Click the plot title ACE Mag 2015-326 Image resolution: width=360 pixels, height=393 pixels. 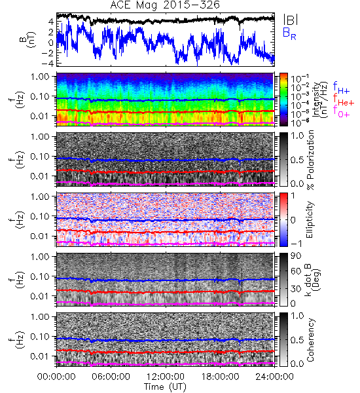tap(165, 5)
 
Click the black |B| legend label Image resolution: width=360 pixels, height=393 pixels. tap(291, 20)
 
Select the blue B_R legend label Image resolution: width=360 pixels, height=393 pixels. tap(289, 33)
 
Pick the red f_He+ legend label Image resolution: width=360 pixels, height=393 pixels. tap(344, 100)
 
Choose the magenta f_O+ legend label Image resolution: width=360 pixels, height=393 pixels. tap(341, 112)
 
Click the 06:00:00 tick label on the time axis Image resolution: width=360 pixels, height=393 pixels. tap(111, 377)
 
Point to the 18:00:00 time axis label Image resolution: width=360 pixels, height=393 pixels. tap(220, 377)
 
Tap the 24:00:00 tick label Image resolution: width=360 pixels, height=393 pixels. tap(274, 377)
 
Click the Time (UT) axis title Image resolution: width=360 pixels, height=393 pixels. tap(165, 386)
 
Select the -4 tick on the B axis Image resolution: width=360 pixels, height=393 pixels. tap(48, 63)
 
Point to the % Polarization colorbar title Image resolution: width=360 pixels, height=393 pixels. tap(310, 160)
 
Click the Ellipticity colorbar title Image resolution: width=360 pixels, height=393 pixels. tap(310, 219)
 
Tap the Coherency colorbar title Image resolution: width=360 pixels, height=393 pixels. tap(310, 340)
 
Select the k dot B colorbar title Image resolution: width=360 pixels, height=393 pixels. tap(312, 280)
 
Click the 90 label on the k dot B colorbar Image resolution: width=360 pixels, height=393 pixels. tap(295, 255)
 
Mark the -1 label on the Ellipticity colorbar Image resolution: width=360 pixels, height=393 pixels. tap(295, 244)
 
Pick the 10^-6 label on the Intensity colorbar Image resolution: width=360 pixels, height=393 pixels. tap(300, 122)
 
